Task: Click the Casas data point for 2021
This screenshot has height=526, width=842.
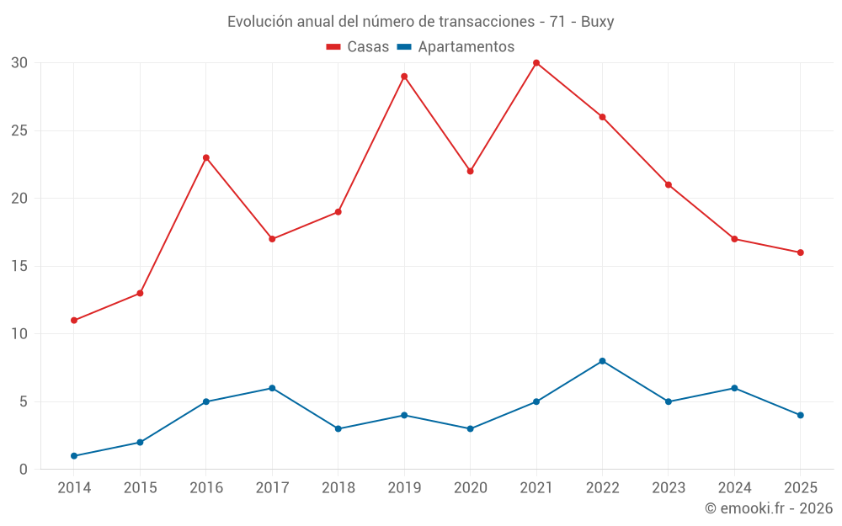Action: tap(536, 63)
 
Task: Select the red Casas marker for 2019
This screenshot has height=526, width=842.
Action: tap(404, 77)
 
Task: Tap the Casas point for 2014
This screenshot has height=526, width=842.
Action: tap(74, 321)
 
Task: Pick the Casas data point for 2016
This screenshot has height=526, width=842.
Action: tap(206, 158)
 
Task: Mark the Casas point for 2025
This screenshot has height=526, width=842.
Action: tap(800, 252)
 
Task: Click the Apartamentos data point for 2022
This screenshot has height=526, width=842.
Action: tap(602, 361)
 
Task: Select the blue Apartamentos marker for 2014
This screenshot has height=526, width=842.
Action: tap(74, 456)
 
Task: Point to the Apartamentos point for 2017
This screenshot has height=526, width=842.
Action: tap(272, 388)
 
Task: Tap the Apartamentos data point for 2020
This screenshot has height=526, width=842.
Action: tap(470, 429)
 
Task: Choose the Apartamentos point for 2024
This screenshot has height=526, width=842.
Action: tap(734, 388)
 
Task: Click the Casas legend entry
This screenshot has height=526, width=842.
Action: tap(358, 46)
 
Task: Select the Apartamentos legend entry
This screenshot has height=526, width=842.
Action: tap(456, 46)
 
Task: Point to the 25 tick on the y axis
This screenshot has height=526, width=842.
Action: tap(19, 130)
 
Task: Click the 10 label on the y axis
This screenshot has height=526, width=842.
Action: tap(19, 334)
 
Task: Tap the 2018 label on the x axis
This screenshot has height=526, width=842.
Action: tap(338, 487)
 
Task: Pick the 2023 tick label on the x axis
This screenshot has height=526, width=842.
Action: tap(668, 487)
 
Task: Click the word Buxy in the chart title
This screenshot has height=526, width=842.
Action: tap(597, 22)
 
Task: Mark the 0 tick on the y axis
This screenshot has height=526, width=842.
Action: tap(23, 470)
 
